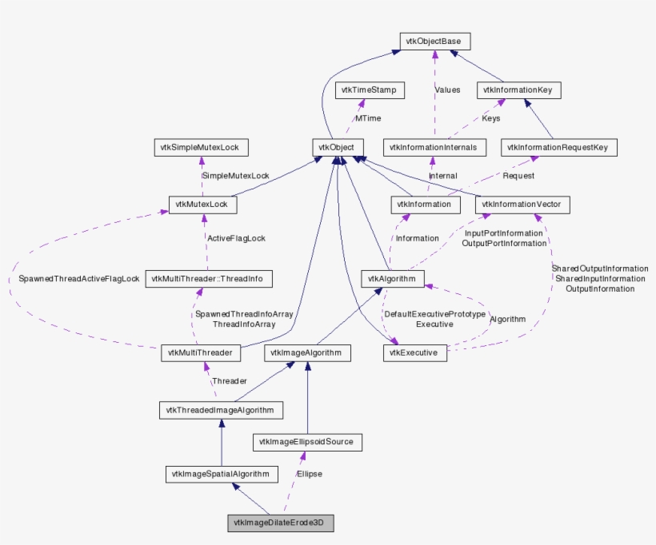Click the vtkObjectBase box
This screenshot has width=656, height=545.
coord(434,41)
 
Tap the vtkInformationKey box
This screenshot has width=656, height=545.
coord(518,90)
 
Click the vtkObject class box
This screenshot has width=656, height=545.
coord(338,147)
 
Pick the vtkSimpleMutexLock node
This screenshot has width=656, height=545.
coord(202,147)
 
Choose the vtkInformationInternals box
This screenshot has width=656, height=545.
coord(434,147)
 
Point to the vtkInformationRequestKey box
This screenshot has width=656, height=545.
coord(559,147)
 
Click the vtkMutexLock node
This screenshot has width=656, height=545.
coord(202,205)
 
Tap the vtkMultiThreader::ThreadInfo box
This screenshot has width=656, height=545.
coord(209,279)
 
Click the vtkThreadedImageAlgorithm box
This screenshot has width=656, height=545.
coord(220,411)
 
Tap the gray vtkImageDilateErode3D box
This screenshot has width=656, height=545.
coord(281,523)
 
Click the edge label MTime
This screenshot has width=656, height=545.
coord(368,118)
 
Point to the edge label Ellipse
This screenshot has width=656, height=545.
coord(309,474)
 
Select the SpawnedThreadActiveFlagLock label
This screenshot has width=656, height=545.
coord(79,279)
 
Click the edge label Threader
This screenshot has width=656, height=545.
coord(229,381)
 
